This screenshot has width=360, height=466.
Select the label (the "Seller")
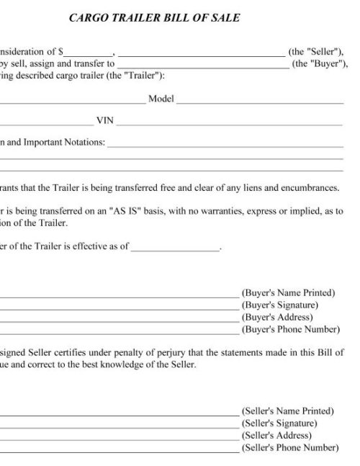315,52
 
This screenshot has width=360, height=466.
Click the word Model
160,98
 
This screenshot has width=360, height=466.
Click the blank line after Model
259,100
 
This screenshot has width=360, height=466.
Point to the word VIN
104,120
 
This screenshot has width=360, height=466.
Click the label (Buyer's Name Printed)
288,293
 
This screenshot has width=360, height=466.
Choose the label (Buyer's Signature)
280,305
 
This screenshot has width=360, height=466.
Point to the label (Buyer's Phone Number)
290,330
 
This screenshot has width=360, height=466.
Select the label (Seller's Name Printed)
288,411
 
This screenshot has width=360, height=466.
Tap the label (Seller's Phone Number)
289,448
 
